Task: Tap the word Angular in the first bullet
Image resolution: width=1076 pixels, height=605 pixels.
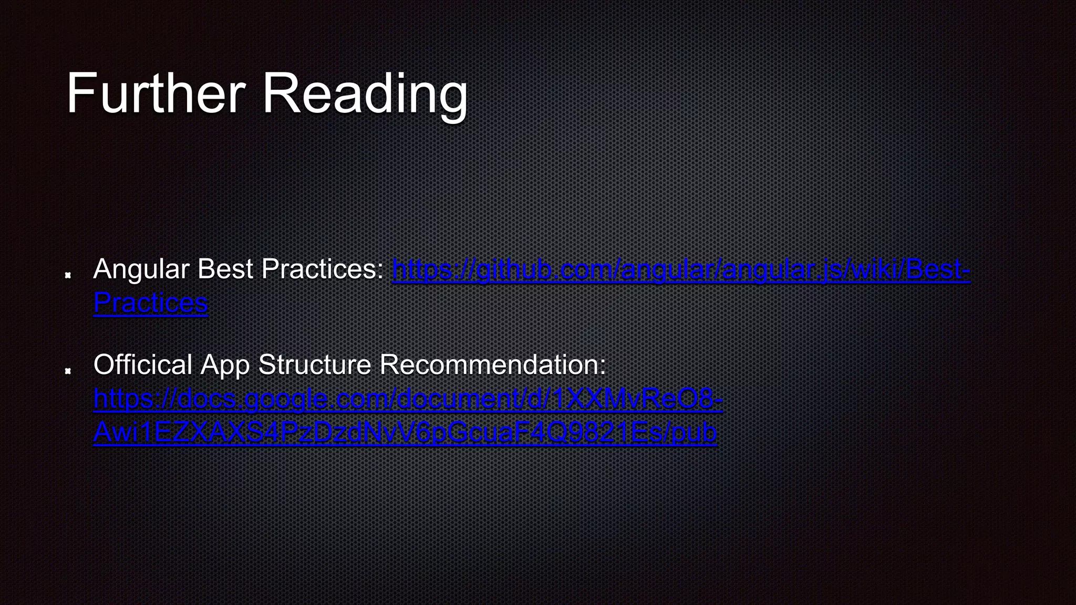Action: (x=141, y=269)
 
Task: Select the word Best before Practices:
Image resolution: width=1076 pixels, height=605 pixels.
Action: (x=225, y=269)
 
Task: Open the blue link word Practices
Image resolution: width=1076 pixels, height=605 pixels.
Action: (x=151, y=303)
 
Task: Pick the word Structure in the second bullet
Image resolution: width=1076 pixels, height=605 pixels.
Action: (x=315, y=364)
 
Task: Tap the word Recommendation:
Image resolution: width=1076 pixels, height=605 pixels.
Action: (x=493, y=364)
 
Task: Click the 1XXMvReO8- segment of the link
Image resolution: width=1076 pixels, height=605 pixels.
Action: (x=638, y=399)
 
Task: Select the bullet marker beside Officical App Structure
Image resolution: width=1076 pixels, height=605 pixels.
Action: (x=68, y=371)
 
